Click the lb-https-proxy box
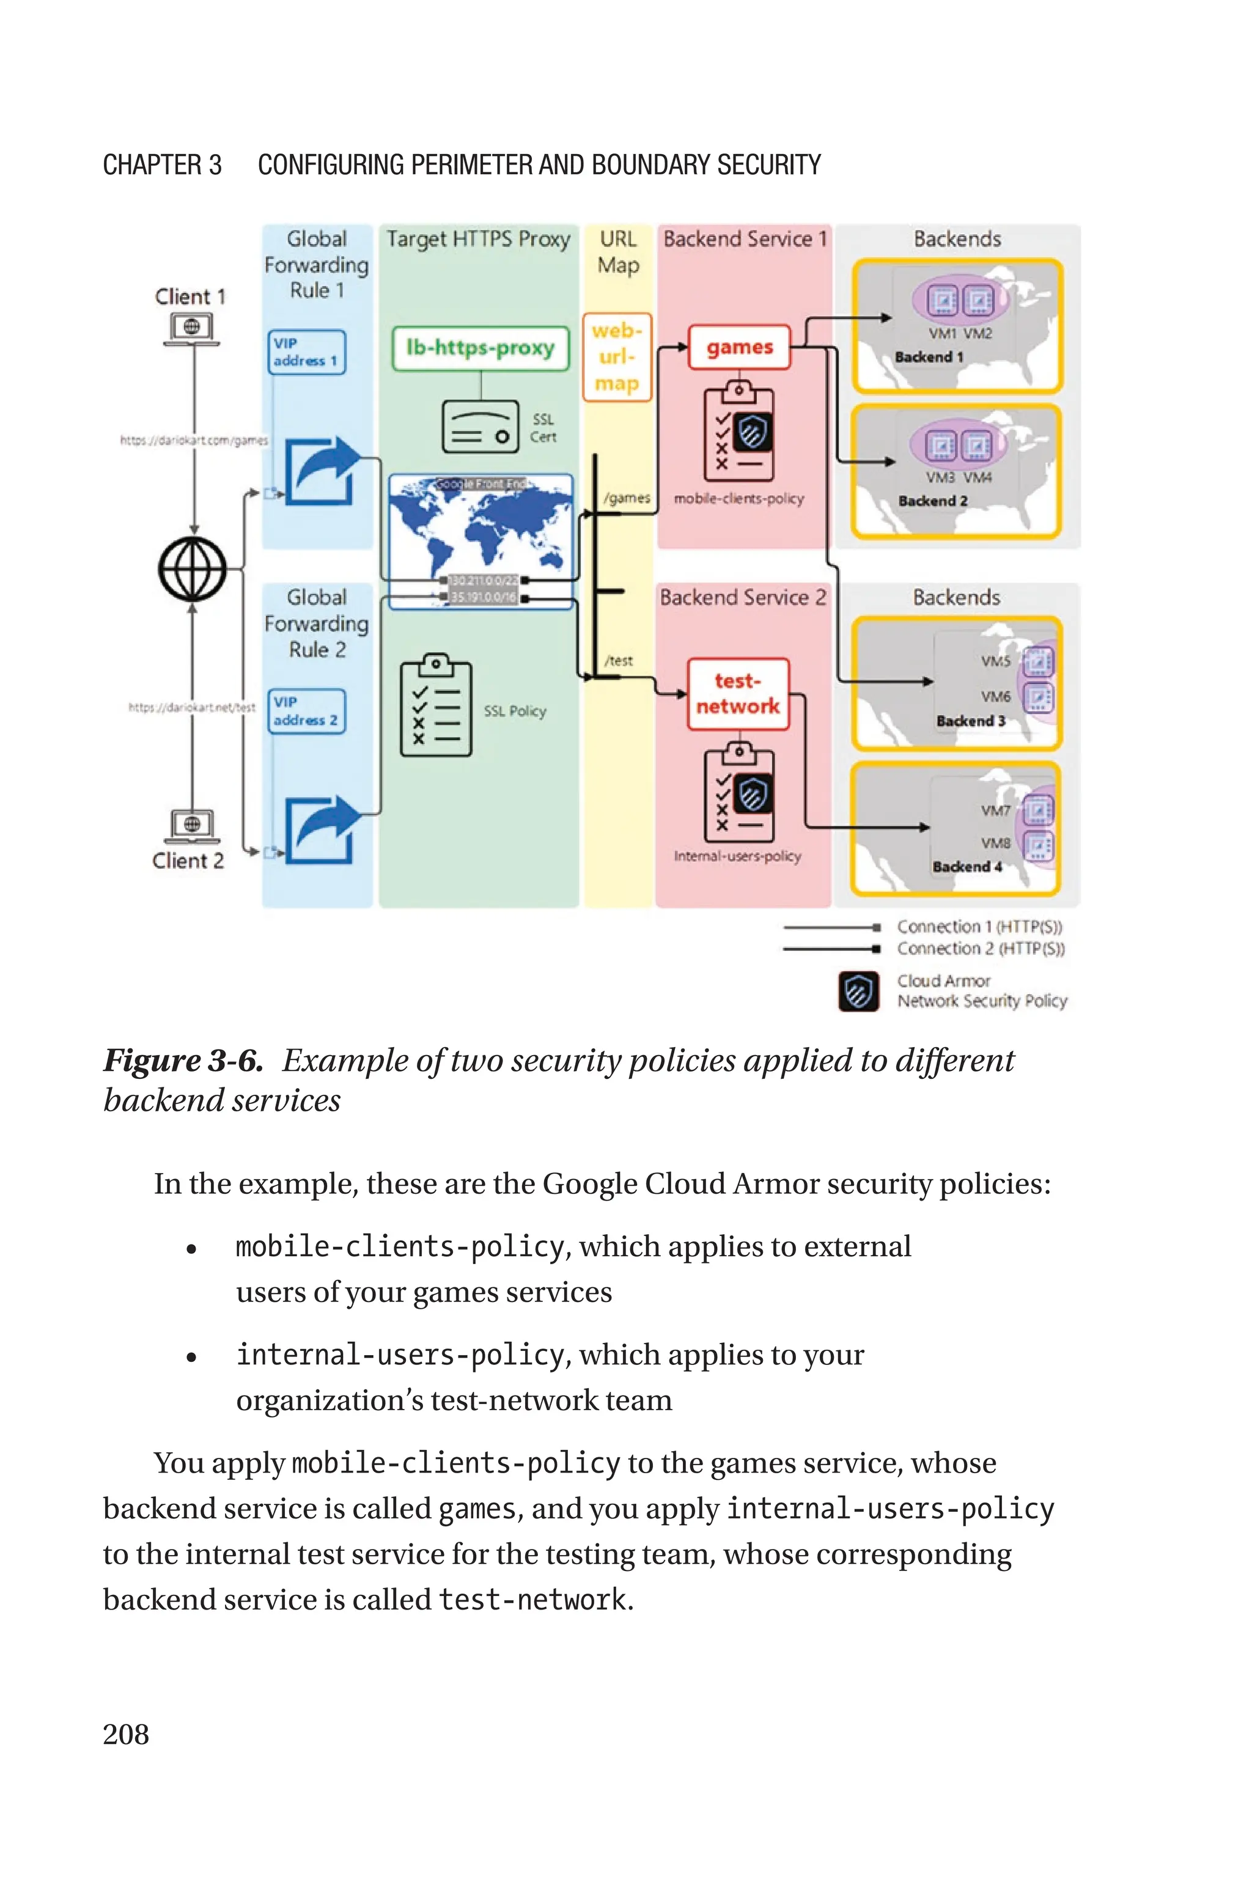click(480, 348)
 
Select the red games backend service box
click(739, 347)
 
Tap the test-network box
click(738, 694)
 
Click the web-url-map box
click(616, 357)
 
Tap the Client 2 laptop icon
click(191, 826)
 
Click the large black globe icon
click(193, 568)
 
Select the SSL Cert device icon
click(481, 427)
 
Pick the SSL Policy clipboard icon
click(436, 707)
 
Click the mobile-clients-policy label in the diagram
click(738, 498)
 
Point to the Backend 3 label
click(970, 721)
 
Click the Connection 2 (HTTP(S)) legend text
click(981, 948)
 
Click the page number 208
click(126, 1734)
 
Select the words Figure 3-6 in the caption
click(183, 1061)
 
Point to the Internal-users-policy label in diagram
click(737, 856)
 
